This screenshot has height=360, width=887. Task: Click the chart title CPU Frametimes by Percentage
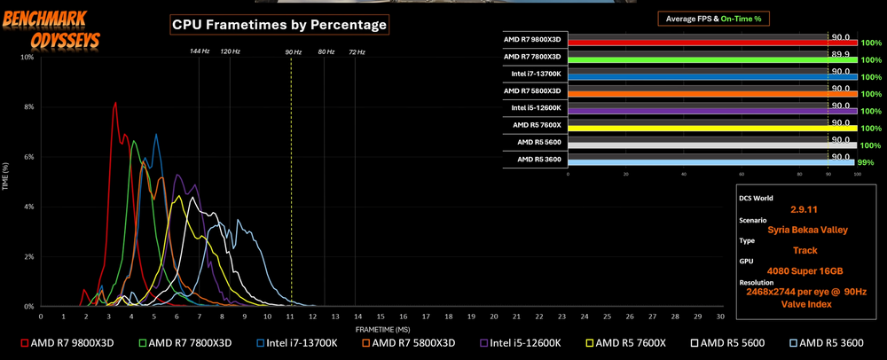pyautogui.click(x=279, y=25)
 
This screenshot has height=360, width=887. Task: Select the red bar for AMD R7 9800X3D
pyautogui.click(x=710, y=43)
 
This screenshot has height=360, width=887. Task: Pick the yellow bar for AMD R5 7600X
pyautogui.click(x=710, y=129)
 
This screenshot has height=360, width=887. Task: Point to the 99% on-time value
pyautogui.click(x=866, y=162)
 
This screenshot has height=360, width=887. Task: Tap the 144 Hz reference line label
pyautogui.click(x=200, y=51)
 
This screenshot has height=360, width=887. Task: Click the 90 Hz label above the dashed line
pyautogui.click(x=293, y=51)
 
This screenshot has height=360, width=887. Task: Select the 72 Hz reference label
pyautogui.click(x=357, y=51)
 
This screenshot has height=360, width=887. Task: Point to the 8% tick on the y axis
pyautogui.click(x=28, y=107)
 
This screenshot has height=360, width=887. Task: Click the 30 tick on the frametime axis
pyautogui.click(x=720, y=316)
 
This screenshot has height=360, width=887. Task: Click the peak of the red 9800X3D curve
pyautogui.click(x=115, y=103)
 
